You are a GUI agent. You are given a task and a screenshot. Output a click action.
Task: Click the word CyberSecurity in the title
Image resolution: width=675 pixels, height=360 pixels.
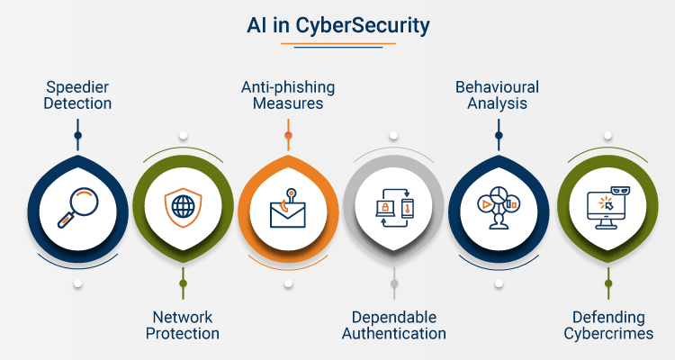[363, 26]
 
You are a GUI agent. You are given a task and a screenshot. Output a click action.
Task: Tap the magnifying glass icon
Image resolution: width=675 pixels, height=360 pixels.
[78, 207]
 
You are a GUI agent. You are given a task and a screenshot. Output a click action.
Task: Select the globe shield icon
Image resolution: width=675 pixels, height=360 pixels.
[183, 207]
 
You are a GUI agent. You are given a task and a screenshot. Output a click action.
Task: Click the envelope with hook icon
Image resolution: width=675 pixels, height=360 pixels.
[288, 208]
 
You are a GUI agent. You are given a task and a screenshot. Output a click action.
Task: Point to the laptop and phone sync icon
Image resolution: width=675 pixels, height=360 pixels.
[394, 208]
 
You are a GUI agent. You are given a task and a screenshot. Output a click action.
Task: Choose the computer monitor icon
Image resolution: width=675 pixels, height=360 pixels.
[608, 208]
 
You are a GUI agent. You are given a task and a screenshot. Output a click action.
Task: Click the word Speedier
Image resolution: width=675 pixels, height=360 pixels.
[77, 87]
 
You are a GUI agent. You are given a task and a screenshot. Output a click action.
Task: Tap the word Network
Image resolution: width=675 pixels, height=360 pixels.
[183, 318]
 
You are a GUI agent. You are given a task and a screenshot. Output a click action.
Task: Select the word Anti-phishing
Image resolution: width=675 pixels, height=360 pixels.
[288, 87]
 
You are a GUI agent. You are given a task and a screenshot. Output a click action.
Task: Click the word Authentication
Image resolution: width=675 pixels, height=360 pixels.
[394, 334]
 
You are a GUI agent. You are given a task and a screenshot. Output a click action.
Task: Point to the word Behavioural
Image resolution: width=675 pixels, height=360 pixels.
[497, 87]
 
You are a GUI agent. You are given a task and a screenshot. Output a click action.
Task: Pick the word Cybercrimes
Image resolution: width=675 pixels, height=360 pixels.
[608, 334]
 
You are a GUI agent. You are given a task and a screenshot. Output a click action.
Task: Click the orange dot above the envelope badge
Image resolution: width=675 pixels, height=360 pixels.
[288, 135]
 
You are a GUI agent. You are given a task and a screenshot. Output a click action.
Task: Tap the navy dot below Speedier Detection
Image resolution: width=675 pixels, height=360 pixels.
[78, 135]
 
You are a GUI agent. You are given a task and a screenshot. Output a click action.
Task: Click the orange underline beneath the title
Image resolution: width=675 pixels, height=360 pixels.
[337, 43]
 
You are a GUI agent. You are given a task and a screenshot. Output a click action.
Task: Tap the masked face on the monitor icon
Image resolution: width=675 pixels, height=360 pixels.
[621, 190]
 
